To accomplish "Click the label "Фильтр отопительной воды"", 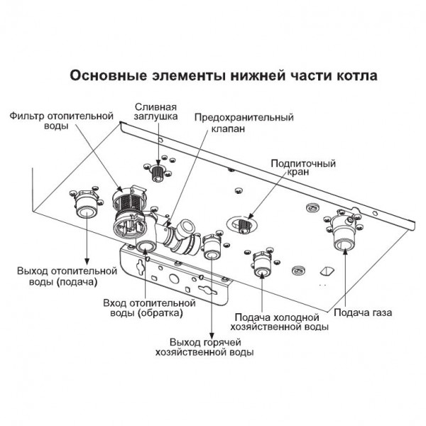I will coord(61,120).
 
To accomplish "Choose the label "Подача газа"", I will coord(362,312).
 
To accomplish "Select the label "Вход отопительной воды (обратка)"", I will coord(143,307).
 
